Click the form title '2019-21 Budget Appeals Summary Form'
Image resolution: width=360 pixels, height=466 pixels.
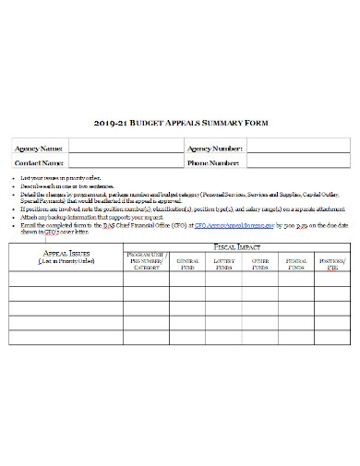(x=179, y=121)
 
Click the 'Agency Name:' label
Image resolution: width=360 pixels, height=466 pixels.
(x=39, y=149)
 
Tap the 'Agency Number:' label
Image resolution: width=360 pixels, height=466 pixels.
(x=215, y=149)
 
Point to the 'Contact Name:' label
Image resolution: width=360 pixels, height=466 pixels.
(x=39, y=162)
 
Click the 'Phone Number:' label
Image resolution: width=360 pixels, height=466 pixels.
(x=214, y=162)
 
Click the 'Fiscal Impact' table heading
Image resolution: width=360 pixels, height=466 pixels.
(x=236, y=247)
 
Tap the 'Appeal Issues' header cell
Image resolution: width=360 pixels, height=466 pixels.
(x=66, y=257)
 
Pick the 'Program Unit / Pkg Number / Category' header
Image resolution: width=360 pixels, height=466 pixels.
(x=146, y=263)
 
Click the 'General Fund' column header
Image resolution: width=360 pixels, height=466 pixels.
(x=187, y=263)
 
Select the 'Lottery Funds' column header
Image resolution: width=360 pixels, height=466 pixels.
(x=224, y=263)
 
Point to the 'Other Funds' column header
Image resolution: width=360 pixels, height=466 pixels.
(x=261, y=263)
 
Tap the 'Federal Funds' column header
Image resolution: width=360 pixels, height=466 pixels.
(x=297, y=263)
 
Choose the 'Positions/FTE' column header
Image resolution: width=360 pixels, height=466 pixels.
(x=331, y=263)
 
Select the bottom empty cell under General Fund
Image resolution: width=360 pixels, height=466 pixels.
(x=187, y=338)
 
